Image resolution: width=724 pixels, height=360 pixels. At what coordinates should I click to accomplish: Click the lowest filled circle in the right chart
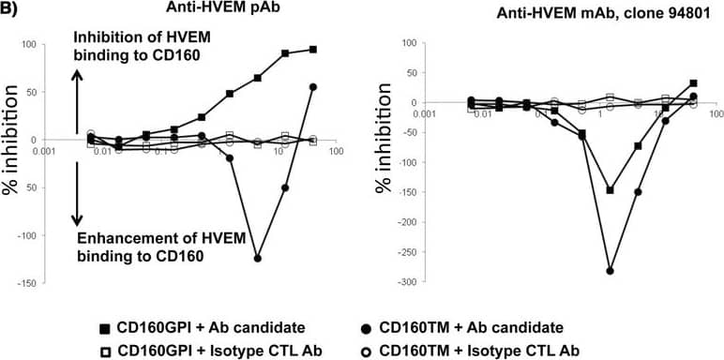[x=611, y=271]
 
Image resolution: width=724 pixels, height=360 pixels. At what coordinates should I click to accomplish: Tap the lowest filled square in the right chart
[x=611, y=189]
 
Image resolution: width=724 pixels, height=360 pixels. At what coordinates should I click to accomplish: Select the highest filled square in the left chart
[x=312, y=49]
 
